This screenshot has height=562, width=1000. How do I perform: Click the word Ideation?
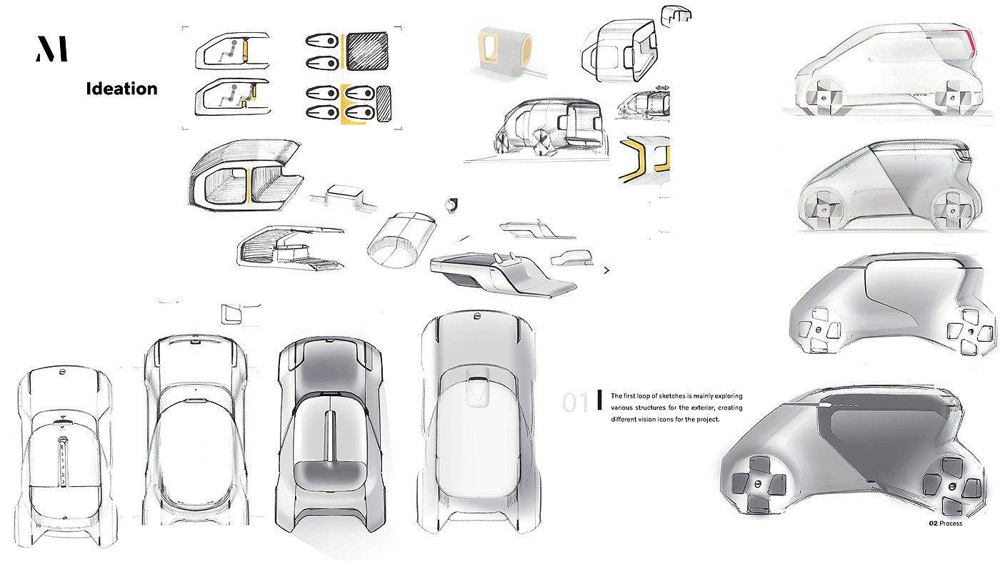121,89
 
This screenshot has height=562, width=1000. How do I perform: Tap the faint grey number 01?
575,403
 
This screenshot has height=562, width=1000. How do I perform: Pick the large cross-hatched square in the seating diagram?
369,52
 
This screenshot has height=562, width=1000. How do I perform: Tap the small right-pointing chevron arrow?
606,271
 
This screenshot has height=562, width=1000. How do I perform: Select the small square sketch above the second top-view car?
231,315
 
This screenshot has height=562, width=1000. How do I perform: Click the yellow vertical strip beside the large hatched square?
341,51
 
